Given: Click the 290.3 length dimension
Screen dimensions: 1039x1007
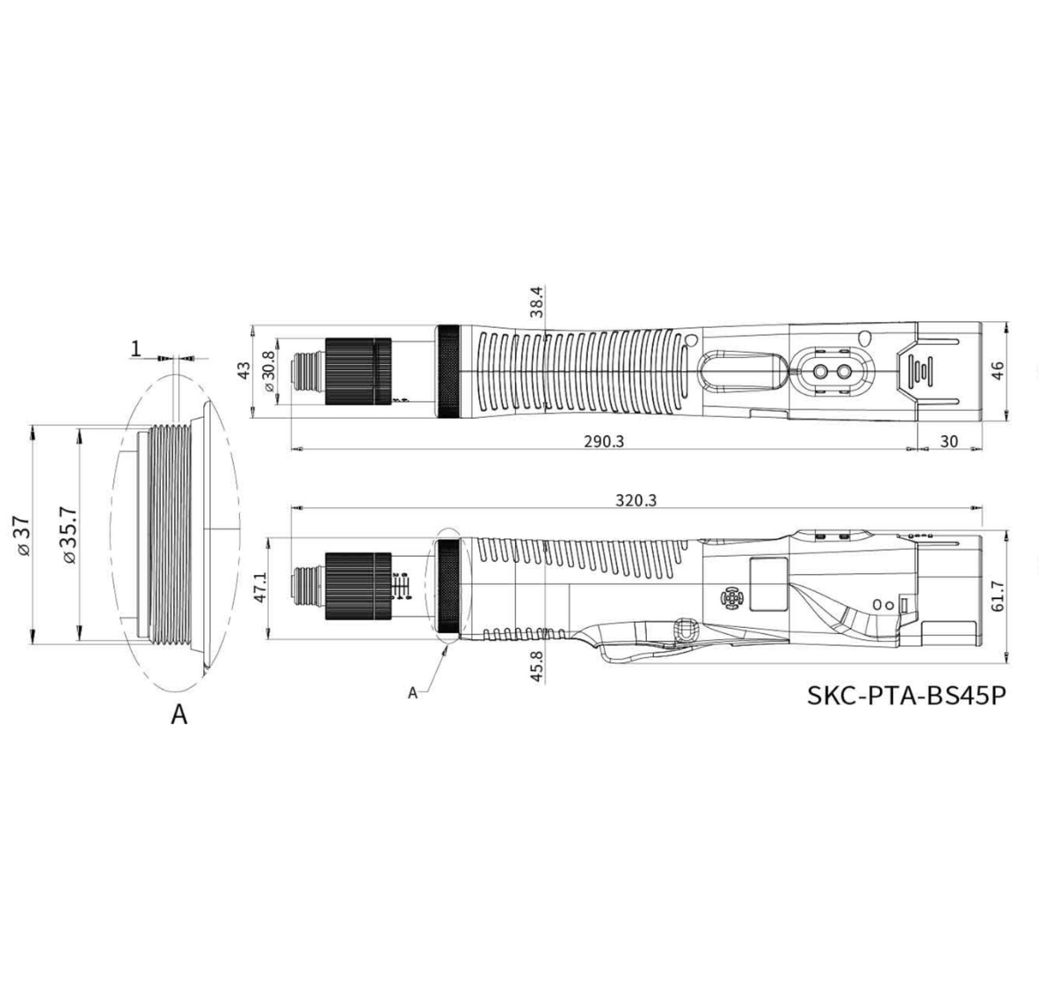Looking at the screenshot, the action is click(604, 441).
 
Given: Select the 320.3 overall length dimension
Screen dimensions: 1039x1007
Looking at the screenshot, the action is click(636, 500).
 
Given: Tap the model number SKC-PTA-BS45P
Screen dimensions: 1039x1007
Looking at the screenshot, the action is click(906, 696).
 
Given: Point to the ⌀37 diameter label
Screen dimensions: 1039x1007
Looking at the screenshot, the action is click(22, 536).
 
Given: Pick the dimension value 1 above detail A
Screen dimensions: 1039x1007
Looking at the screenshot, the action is click(136, 348).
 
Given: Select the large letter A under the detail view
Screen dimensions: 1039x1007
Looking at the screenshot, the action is click(179, 715).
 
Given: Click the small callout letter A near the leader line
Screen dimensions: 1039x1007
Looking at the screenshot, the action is click(412, 693).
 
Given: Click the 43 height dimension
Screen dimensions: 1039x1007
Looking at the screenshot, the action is click(243, 370).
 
